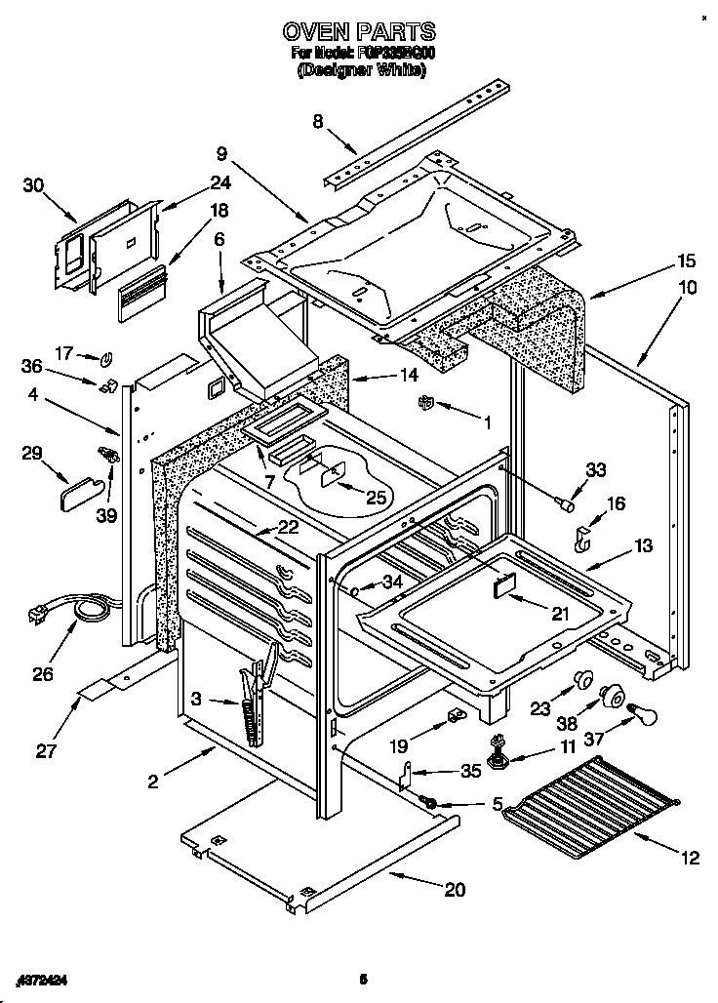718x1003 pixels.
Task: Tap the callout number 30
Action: (x=33, y=184)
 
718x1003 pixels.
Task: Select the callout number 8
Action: (x=317, y=121)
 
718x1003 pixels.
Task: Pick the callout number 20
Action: (x=454, y=889)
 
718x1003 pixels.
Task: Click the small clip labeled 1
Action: (x=424, y=403)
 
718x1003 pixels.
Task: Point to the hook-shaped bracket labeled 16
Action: (x=582, y=539)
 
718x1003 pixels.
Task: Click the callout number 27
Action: (x=46, y=751)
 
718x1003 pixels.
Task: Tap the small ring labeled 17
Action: (x=108, y=355)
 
